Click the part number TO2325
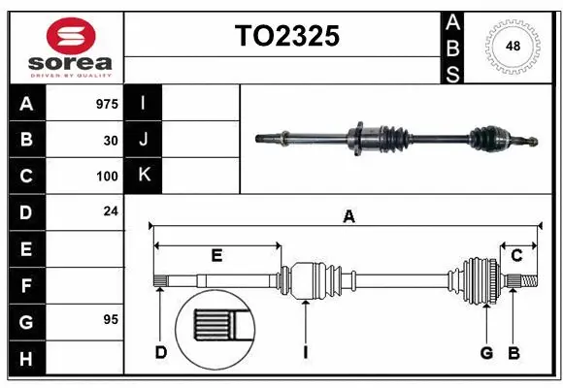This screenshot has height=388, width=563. point(286,37)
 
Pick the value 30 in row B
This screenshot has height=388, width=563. point(111,141)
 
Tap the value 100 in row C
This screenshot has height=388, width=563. point(107,177)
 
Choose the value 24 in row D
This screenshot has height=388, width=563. point(111,210)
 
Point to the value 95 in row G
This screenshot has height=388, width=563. point(111,319)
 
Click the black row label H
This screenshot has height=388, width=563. point(26,359)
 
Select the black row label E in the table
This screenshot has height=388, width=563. point(26,249)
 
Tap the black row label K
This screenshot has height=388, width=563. point(144,176)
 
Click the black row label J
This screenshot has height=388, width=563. point(144,140)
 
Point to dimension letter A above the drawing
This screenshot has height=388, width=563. point(348,218)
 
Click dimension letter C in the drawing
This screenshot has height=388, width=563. point(516,255)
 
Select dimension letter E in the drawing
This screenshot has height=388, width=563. point(216,256)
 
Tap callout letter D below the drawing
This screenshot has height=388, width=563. point(161,352)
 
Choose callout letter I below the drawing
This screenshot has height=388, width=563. point(305,353)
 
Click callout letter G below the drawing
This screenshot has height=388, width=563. point(487,352)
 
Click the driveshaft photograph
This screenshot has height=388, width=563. point(395,139)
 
